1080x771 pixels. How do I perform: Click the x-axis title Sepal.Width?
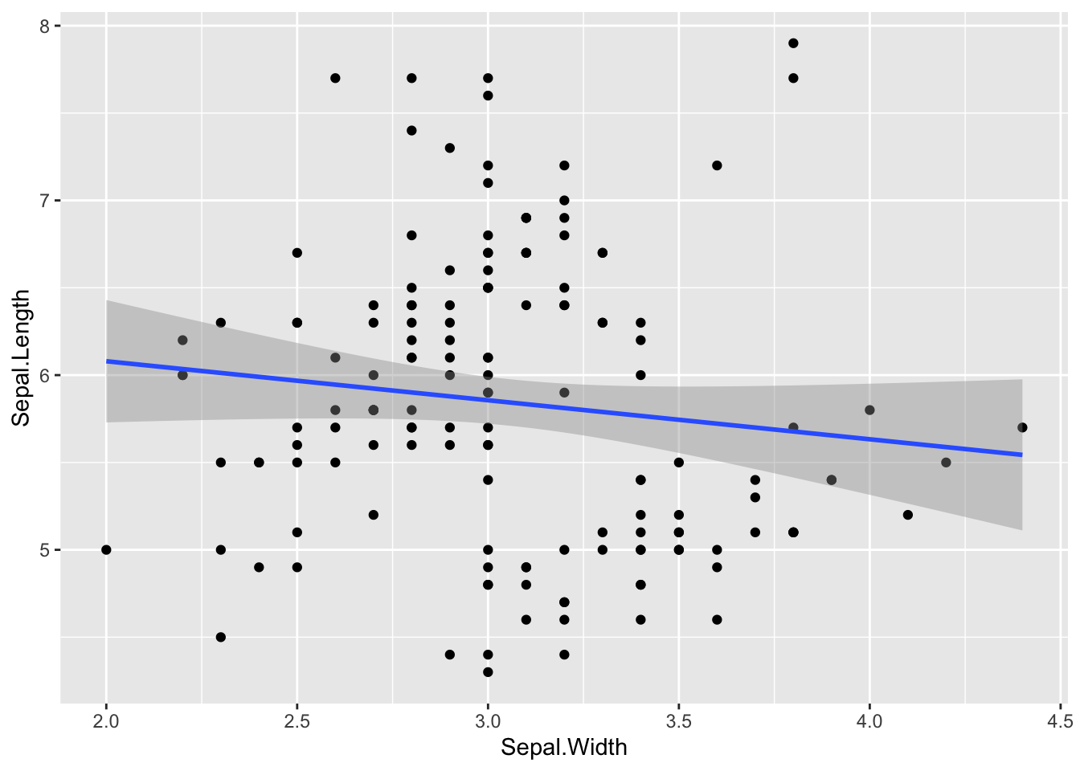click(x=563, y=748)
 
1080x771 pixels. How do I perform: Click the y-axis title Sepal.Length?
click(x=21, y=357)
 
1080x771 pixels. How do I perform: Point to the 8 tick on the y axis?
click(x=45, y=26)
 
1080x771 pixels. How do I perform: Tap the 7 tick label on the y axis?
click(x=45, y=200)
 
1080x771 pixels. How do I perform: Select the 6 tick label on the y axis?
click(x=45, y=375)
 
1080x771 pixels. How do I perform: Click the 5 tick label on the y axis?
click(x=45, y=550)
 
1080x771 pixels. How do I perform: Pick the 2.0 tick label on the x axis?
click(x=106, y=721)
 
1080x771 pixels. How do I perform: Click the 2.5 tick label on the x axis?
click(x=297, y=721)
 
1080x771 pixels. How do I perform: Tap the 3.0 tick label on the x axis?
click(x=488, y=721)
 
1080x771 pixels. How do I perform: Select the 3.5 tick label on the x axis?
click(x=679, y=721)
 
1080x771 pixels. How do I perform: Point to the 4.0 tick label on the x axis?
click(x=869, y=721)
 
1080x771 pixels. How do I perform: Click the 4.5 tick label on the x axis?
click(x=1060, y=721)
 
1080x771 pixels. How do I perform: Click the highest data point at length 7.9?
click(x=793, y=43)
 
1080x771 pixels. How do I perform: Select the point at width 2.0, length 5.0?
click(x=106, y=550)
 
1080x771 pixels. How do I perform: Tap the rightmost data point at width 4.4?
click(x=1022, y=427)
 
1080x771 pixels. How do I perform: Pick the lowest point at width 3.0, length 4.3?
click(x=488, y=672)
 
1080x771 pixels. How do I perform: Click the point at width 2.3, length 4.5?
click(x=221, y=637)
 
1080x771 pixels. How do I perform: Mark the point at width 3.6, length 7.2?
click(x=717, y=165)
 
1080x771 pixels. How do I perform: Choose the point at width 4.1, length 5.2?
click(x=908, y=515)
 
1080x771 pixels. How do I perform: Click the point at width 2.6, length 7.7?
click(x=335, y=78)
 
